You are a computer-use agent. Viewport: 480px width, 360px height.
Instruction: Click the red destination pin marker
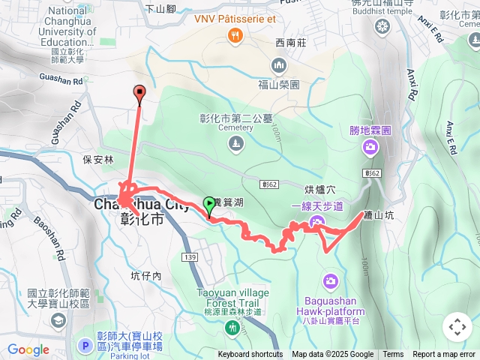pos(139,93)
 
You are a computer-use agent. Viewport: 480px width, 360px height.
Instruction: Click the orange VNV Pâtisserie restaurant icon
pos(235,34)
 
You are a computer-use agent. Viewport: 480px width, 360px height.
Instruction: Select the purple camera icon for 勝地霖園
pos(370,146)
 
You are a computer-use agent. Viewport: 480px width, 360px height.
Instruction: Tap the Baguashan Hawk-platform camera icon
pos(331,281)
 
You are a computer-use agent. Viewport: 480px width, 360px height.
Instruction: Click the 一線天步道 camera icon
pos(316,220)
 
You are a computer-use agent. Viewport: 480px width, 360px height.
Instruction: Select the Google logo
pos(28,349)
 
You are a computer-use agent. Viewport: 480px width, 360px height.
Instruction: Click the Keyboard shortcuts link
pos(250,355)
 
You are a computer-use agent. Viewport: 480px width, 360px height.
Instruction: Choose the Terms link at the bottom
pos(393,355)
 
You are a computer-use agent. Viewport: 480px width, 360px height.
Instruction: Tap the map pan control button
pos(457,328)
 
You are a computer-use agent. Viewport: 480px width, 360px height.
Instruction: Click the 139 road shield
pos(190,257)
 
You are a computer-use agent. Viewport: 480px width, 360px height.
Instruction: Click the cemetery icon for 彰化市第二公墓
pos(235,142)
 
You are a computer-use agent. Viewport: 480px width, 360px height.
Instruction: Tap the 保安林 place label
pos(98,160)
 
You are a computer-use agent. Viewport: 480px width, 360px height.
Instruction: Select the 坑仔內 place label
pos(145,276)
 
